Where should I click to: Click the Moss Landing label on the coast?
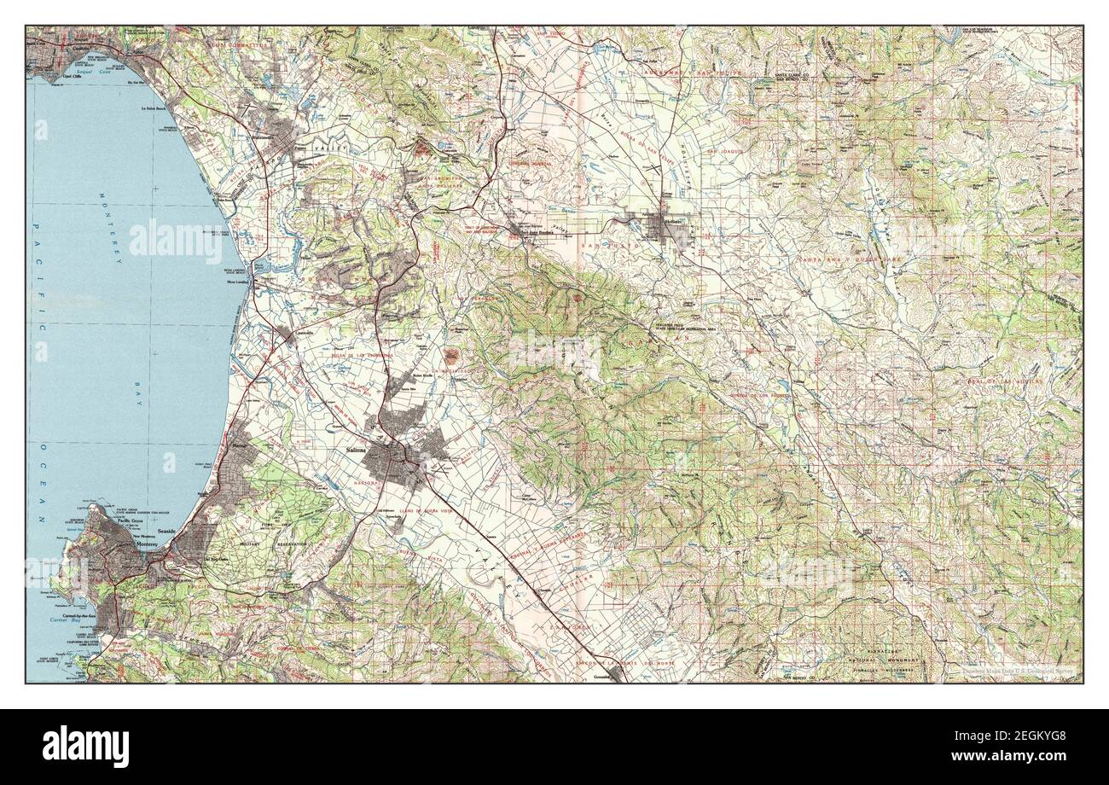click(x=238, y=281)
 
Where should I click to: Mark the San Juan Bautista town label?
click(x=526, y=233)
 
